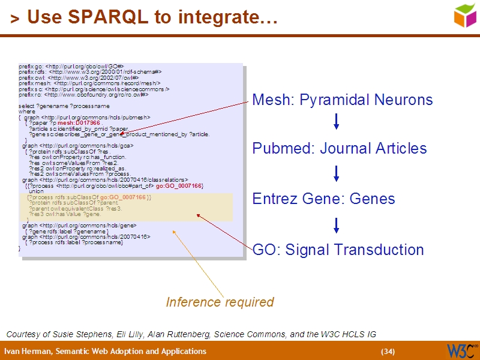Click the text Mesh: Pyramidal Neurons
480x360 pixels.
pyautogui.click(x=342, y=100)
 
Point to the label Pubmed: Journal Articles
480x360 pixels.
pyautogui.click(x=339, y=148)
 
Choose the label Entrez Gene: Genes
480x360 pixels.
pyautogui.click(x=323, y=199)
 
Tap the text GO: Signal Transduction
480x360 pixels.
pyautogui.click(x=338, y=250)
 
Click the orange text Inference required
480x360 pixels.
pyautogui.click(x=220, y=302)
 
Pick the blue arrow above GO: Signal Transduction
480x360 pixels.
pyautogui.click(x=336, y=225)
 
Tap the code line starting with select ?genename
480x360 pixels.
pyautogui.click(x=64, y=106)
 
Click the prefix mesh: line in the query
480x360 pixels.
pyautogui.click(x=90, y=83)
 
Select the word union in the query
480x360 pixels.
pyautogui.click(x=36, y=191)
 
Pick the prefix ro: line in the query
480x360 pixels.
pyautogui.click(x=83, y=94)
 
